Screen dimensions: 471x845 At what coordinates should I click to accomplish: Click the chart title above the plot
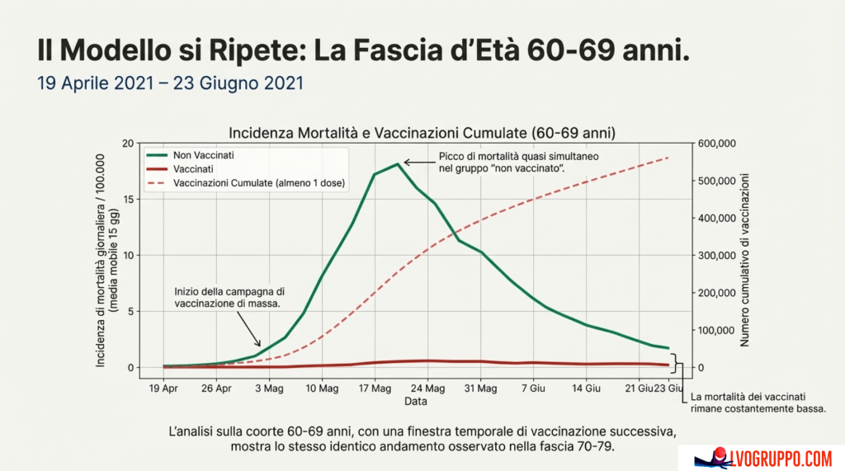pos(422,132)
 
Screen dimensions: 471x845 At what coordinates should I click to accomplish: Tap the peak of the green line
pos(398,164)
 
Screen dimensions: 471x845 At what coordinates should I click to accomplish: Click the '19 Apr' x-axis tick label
pos(164,387)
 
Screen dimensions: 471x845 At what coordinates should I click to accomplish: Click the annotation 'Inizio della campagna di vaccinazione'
pos(229,297)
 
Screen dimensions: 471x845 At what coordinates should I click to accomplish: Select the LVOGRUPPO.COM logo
pos(762,457)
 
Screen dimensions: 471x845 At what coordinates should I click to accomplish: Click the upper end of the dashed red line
pos(667,158)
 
